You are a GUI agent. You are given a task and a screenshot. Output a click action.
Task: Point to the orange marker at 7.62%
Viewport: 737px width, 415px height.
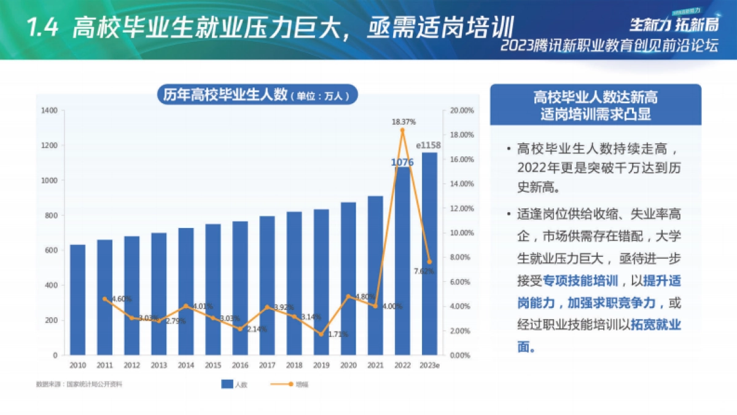(x=429, y=262)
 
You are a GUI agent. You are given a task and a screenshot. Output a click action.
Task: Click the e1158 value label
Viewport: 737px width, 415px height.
(x=429, y=146)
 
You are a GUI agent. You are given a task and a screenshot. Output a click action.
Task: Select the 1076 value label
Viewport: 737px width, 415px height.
(x=402, y=162)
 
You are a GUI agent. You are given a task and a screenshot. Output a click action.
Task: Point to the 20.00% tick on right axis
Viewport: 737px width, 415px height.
(x=462, y=111)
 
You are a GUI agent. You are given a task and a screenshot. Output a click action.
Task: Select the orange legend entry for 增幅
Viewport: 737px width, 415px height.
(x=284, y=384)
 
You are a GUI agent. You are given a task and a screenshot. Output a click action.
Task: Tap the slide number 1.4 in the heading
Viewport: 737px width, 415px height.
(x=42, y=28)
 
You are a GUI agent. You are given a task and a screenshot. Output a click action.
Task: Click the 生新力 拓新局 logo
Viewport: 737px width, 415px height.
(x=673, y=24)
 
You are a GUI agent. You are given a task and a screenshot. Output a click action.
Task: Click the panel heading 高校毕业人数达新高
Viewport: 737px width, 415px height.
(x=595, y=97)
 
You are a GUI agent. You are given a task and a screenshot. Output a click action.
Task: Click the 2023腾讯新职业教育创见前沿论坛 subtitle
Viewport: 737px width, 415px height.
(x=609, y=46)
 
